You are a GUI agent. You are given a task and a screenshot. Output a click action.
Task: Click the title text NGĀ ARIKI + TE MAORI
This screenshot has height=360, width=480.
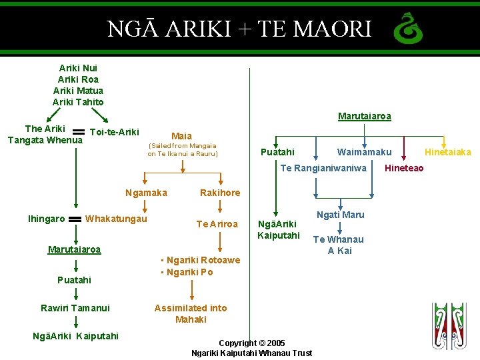coord(239,29)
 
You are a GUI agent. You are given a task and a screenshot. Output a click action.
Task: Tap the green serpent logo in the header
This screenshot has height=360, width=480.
coord(407,29)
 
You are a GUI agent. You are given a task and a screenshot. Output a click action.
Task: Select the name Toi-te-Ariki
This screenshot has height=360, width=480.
coord(114,131)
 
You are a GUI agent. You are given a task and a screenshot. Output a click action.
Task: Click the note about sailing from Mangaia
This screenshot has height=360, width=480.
coord(183,149)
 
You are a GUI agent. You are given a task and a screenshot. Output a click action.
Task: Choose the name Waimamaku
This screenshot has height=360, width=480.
coord(364,152)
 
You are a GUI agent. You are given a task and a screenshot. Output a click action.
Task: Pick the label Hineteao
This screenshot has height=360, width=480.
coord(404,168)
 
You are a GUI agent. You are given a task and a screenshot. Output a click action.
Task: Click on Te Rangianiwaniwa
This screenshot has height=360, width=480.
coord(323,168)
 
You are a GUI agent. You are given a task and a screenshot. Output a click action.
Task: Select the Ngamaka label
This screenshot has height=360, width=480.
coord(146,193)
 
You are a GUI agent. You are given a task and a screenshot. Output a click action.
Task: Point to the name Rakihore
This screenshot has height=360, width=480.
coord(220,193)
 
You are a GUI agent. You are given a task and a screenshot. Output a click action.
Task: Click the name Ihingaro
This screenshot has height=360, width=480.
coord(47,219)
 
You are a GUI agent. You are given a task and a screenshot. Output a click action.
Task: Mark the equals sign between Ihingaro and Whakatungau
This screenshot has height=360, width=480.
coord(75,219)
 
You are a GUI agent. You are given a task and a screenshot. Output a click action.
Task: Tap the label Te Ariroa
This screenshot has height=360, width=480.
coord(217,224)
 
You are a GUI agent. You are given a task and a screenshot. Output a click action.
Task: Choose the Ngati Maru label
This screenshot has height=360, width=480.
coord(340,215)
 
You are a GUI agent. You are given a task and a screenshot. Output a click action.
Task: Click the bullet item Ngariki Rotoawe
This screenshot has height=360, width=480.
coord(201,260)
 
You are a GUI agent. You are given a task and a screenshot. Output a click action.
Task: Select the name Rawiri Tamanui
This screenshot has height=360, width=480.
coord(75,307)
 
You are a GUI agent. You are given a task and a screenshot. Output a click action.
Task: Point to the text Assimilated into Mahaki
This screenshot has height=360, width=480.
coord(191,313)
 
